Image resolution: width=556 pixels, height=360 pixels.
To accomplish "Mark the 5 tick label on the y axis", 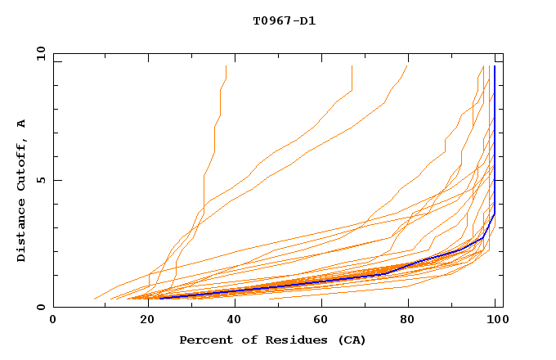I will pos(39,180).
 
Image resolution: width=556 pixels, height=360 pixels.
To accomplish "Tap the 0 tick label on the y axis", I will pos(39,307).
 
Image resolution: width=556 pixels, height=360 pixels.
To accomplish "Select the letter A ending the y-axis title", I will pos(22,124).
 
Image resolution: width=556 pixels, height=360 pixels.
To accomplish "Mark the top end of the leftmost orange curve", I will pos(226,66).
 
